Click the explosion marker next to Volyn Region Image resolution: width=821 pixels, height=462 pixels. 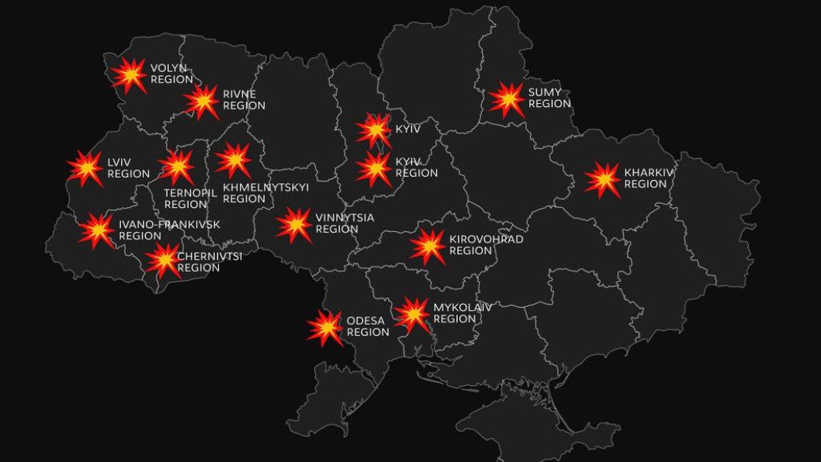click(129, 75)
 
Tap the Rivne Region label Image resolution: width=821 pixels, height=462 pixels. click(244, 99)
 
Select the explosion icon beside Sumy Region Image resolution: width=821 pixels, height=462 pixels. click(507, 99)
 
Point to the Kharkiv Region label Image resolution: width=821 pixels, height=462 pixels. click(646, 178)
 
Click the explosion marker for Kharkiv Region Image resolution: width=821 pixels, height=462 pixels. click(603, 179)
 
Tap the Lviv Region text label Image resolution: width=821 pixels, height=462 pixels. click(128, 167)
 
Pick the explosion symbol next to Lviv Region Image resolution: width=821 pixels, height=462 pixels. click(85, 168)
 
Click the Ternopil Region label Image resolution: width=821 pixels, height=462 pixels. click(189, 198)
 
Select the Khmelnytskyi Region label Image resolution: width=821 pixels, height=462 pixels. click(265, 193)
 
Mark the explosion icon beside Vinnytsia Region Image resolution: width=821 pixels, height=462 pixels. click(295, 224)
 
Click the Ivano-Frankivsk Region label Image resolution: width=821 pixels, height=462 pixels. click(169, 230)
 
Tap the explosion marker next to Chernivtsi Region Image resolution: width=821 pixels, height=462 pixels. click(164, 260)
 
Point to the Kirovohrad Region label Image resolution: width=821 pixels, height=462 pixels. click(486, 245)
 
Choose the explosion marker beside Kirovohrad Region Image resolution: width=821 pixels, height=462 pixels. click(428, 246)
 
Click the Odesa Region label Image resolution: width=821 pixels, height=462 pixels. click(368, 326)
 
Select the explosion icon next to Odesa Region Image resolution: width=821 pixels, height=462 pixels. click(325, 328)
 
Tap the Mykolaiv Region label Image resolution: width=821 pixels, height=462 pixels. click(462, 312)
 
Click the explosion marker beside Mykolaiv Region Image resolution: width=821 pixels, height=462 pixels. click(412, 314)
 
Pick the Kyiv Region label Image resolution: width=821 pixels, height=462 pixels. click(417, 167)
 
